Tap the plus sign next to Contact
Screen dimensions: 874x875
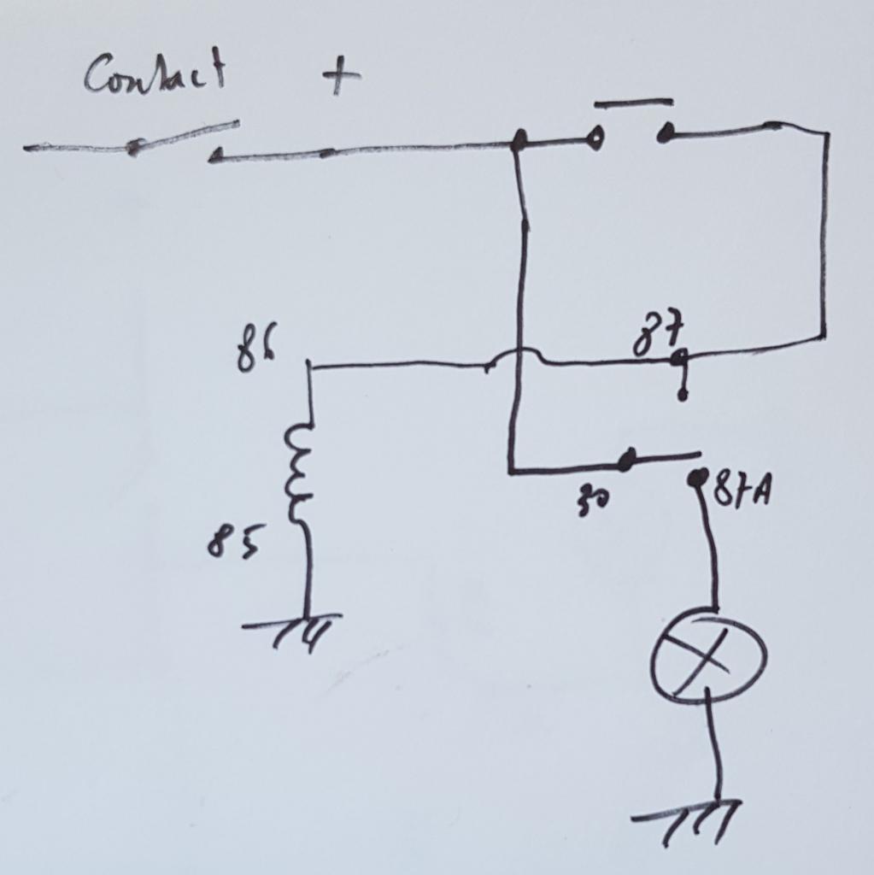[x=341, y=78]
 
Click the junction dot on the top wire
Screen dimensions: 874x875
[x=517, y=143]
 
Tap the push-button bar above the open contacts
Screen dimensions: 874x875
[x=633, y=103]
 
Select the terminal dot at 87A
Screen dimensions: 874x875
[x=698, y=478]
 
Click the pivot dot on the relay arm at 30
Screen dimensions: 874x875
[x=628, y=461]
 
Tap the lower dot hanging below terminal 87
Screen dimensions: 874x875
[x=682, y=395]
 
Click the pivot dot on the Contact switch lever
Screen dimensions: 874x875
[x=132, y=148]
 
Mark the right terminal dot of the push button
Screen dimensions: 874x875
[x=666, y=132]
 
